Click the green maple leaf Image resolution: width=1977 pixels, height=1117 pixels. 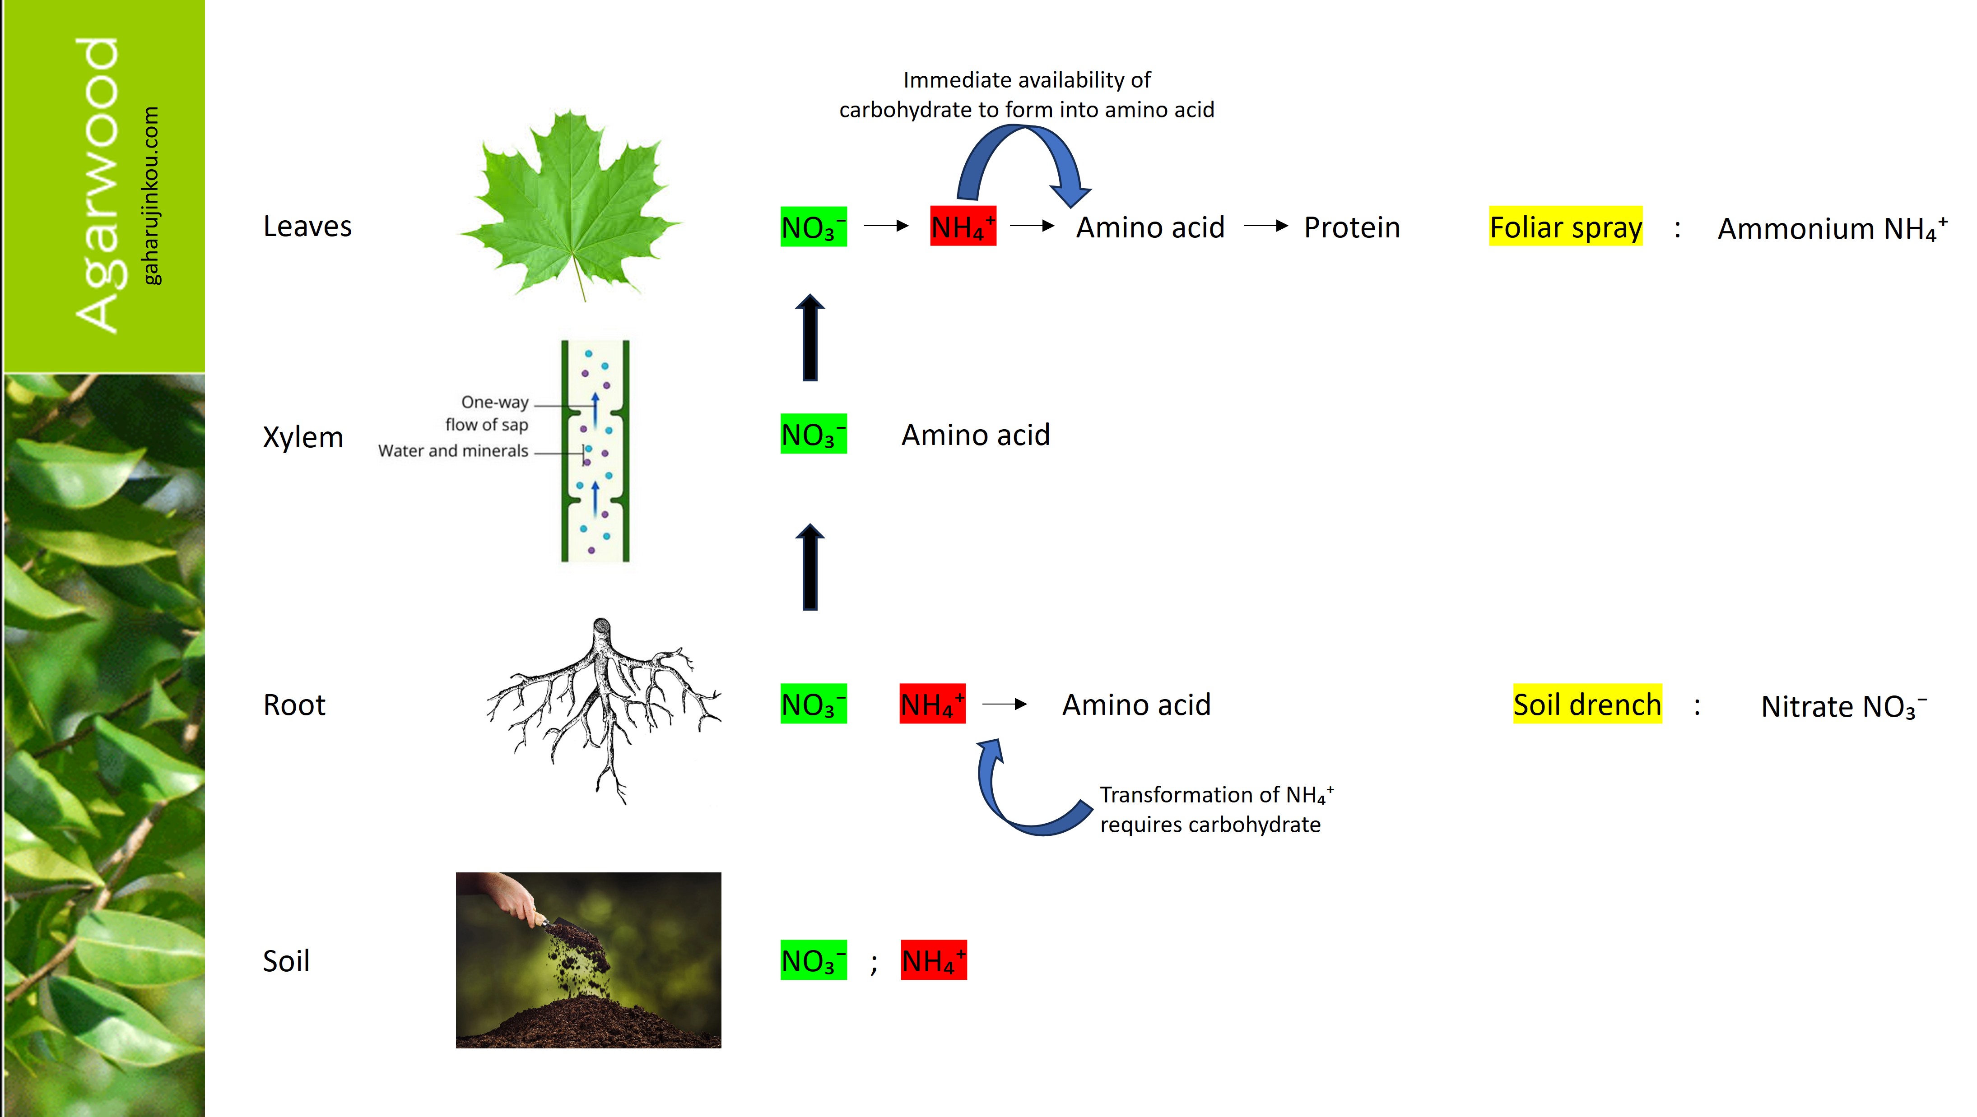[572, 203]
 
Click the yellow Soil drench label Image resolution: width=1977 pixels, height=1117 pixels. [1586, 704]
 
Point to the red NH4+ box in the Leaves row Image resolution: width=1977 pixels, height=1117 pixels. [963, 226]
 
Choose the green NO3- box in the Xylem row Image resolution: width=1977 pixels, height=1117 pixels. [813, 434]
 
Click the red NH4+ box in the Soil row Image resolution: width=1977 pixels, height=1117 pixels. [933, 960]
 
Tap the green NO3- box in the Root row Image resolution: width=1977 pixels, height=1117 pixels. [813, 704]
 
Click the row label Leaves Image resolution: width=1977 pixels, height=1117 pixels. [307, 226]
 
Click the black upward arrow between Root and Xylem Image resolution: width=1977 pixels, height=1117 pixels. [809, 568]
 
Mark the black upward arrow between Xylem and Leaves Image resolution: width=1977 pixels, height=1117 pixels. [809, 338]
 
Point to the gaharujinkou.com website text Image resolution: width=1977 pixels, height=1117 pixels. [151, 195]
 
